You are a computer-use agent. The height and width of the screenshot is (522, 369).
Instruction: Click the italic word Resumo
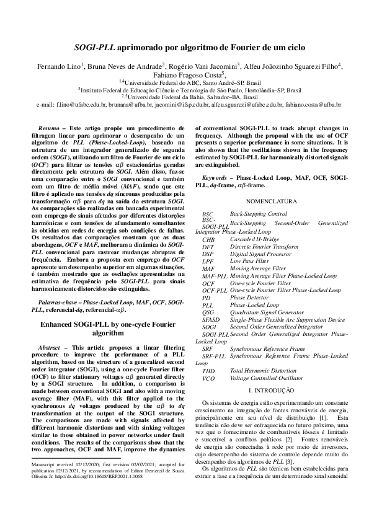[48, 128]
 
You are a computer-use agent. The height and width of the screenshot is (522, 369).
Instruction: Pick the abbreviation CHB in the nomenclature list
[208, 239]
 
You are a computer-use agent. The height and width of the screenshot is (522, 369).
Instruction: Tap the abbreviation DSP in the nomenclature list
[208, 254]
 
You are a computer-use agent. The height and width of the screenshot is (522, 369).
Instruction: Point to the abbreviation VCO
[209, 378]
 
